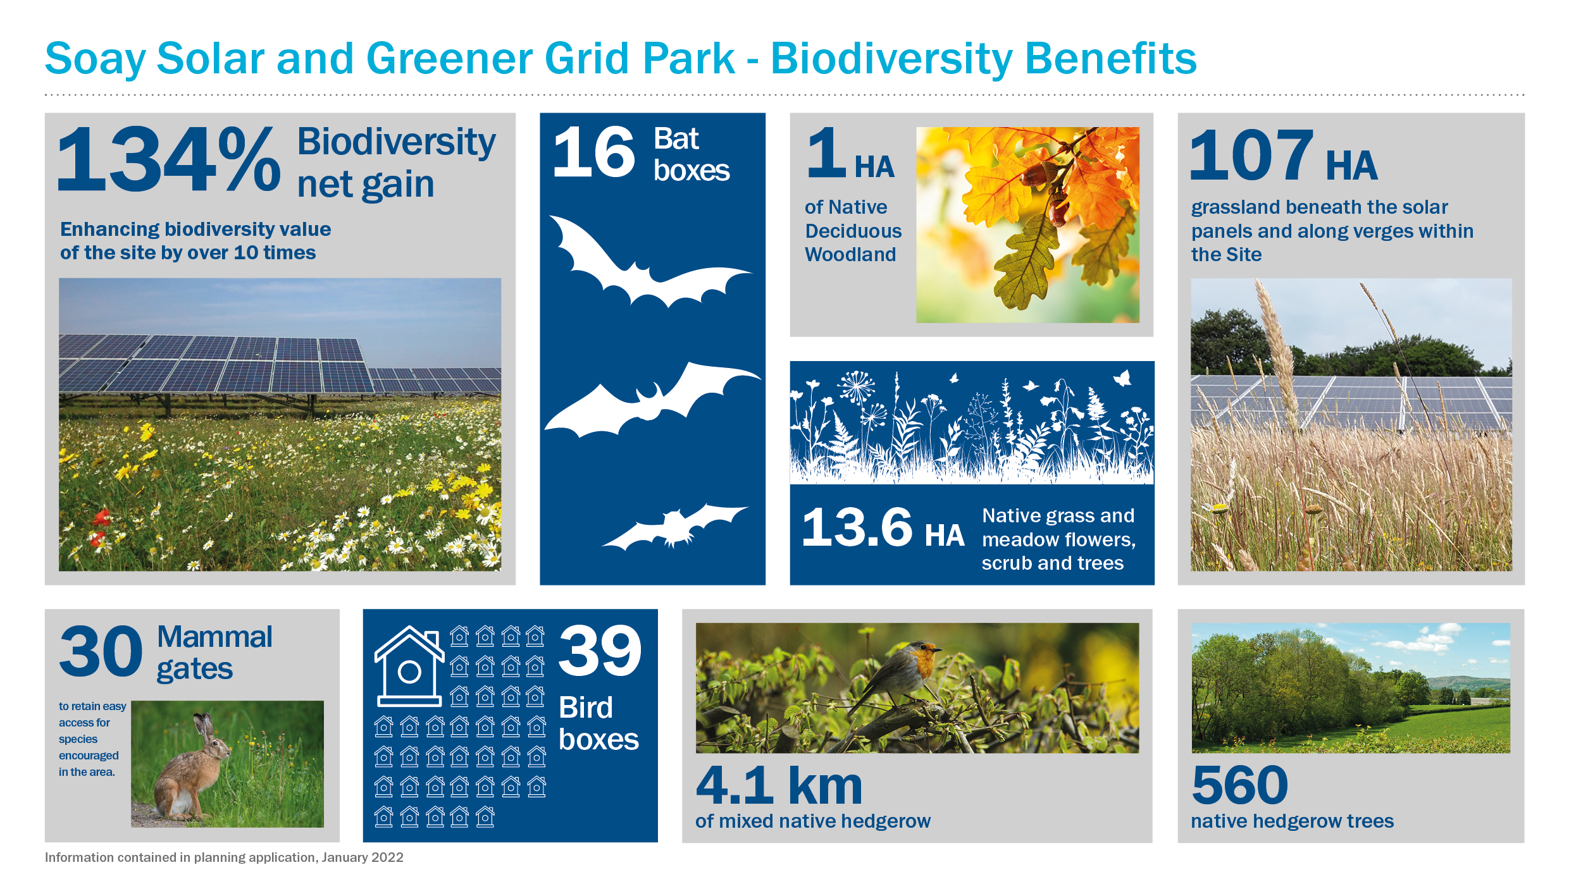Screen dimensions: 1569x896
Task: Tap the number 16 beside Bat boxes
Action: coord(593,152)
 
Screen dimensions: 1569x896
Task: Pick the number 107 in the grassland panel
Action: coord(1251,155)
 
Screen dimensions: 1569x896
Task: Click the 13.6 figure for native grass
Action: coord(857,527)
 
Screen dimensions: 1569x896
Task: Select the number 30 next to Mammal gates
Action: coord(101,651)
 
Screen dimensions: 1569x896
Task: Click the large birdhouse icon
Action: coord(409,666)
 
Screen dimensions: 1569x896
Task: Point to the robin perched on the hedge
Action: coord(898,677)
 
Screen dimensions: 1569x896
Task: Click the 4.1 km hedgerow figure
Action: coord(779,785)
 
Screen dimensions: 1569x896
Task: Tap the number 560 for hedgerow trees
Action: coord(1239,785)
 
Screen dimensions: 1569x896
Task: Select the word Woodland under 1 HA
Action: coord(850,254)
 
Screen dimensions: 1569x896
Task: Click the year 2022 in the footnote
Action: coord(387,857)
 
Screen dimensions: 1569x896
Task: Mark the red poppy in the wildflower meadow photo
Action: coord(101,519)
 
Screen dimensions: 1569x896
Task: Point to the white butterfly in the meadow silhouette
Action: coord(1122,378)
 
